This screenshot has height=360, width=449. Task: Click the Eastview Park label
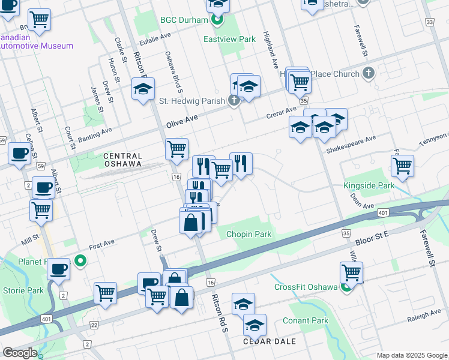229,39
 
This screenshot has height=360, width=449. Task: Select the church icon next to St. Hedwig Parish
234,100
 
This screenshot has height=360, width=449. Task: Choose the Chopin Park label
249,234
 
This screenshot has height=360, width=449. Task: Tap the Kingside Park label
369,185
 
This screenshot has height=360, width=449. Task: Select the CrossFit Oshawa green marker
346,287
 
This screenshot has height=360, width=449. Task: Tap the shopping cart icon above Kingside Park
402,165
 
